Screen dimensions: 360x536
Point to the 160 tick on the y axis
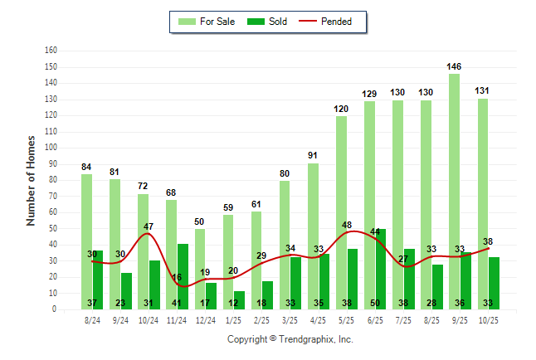tap(51, 51)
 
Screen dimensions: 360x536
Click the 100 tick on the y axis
tap(51, 148)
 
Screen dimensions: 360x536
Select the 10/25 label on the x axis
tap(487, 319)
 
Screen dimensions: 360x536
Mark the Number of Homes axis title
tap(31, 180)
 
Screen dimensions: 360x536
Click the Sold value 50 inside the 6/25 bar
tap(375, 303)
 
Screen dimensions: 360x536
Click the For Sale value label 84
tap(86, 167)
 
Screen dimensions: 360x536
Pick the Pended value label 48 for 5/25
tap(347, 225)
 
